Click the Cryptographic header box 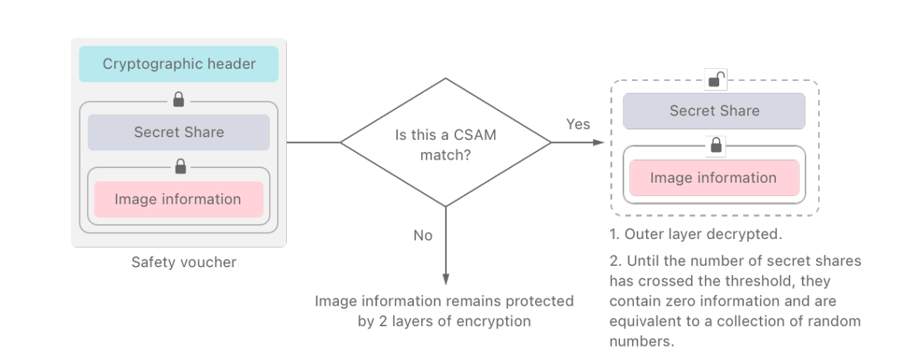pyautogui.click(x=179, y=64)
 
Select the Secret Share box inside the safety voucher pyautogui.click(x=179, y=132)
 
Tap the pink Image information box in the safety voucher pyautogui.click(x=179, y=199)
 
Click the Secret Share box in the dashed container pyautogui.click(x=714, y=110)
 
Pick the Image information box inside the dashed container pyautogui.click(x=714, y=178)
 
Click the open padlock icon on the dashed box pyautogui.click(x=716, y=79)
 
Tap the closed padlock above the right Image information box pyautogui.click(x=716, y=145)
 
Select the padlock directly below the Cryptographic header pyautogui.click(x=179, y=100)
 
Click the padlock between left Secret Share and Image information pyautogui.click(x=181, y=167)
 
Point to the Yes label pyautogui.click(x=578, y=124)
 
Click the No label pyautogui.click(x=423, y=236)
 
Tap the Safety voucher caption pyautogui.click(x=183, y=262)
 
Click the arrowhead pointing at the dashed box pyautogui.click(x=599, y=142)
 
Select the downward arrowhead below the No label pyautogui.click(x=446, y=279)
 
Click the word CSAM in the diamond pyautogui.click(x=474, y=135)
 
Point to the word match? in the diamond pyautogui.click(x=446, y=155)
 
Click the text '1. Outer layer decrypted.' pyautogui.click(x=695, y=234)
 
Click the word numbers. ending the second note pyautogui.click(x=641, y=341)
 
